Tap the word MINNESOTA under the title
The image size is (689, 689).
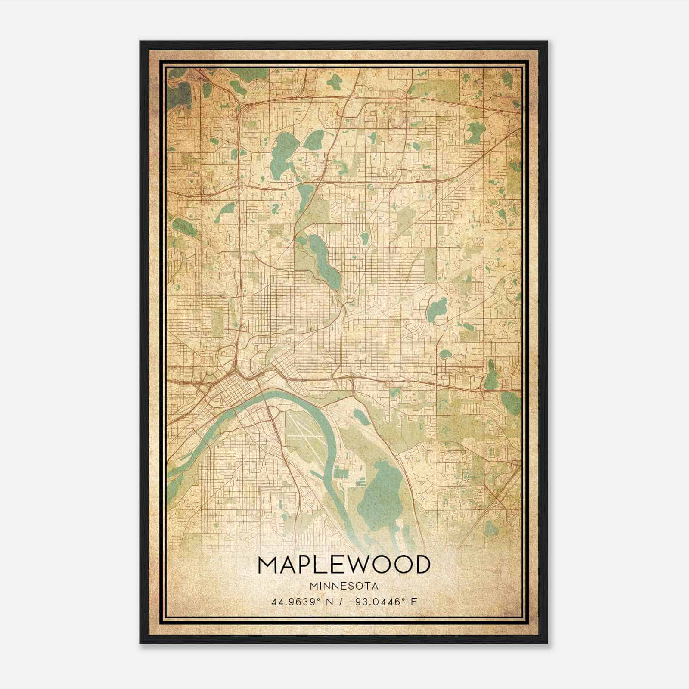344,586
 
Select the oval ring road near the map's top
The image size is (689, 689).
397,114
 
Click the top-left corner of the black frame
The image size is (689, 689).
141,42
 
